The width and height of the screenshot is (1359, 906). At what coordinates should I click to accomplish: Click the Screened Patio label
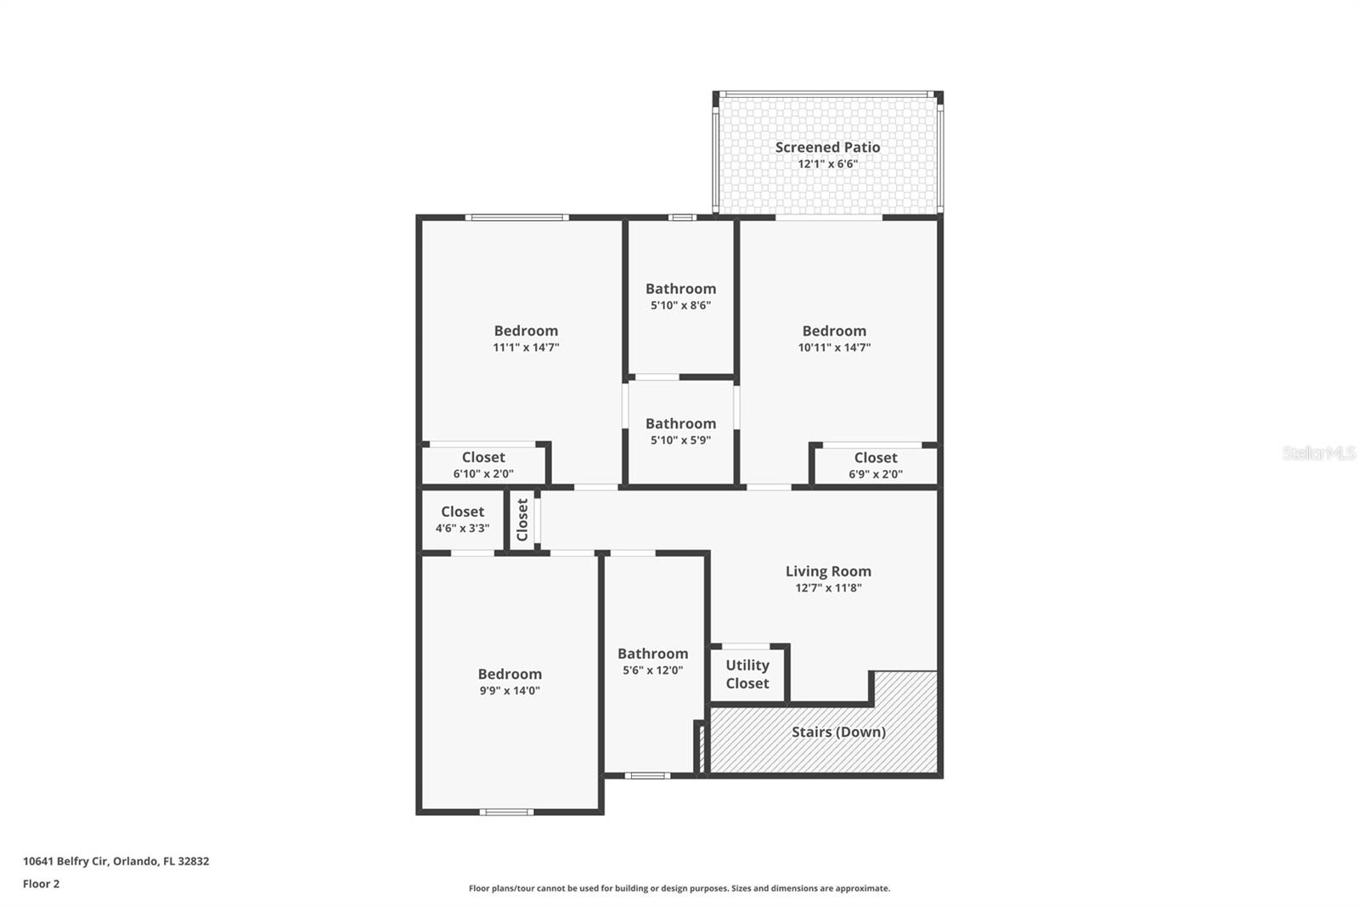[827, 147]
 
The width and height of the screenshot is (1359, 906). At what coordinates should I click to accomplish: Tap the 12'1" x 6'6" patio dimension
[827, 164]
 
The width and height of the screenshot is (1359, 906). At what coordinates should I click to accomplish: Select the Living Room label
[828, 571]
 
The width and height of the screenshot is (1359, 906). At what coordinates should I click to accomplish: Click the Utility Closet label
[747, 674]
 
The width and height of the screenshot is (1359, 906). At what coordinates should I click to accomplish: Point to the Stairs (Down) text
[838, 732]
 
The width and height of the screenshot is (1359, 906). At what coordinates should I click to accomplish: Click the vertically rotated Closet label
[522, 519]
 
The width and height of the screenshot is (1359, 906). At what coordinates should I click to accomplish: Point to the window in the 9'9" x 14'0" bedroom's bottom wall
[506, 812]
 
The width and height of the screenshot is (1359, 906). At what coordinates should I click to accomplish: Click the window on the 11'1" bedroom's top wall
[516, 218]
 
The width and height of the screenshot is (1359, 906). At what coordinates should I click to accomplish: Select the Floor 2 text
[41, 884]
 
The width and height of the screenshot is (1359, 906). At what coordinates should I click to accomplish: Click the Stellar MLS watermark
[1318, 453]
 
